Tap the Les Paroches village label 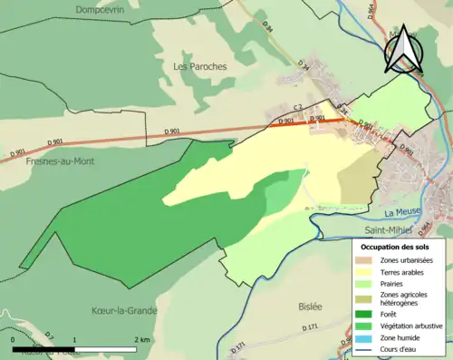coord(199,66)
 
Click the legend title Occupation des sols coord(399,247)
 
